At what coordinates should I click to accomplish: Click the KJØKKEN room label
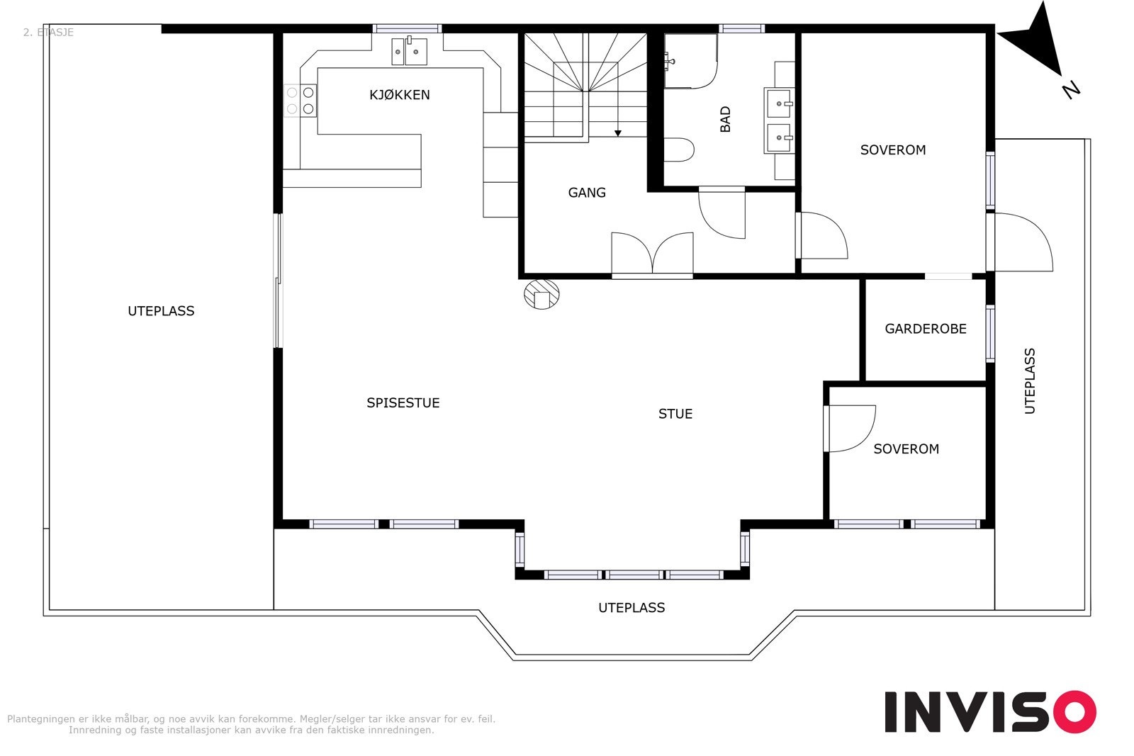[x=400, y=95]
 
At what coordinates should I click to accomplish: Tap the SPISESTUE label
[x=403, y=402]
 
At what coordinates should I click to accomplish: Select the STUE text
[x=675, y=414]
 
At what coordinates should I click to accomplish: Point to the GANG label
[x=587, y=192]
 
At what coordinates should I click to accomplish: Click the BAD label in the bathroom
[x=726, y=120]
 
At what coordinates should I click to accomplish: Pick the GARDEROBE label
[x=926, y=329]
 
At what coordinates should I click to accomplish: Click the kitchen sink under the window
[x=409, y=51]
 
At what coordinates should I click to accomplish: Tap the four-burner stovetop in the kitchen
[x=301, y=100]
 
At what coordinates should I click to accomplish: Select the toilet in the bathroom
[x=679, y=149]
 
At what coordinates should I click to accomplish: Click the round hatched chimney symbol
[x=541, y=294]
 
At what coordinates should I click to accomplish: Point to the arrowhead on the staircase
[x=617, y=133]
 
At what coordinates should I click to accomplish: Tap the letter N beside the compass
[x=1071, y=90]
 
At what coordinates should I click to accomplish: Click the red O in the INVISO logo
[x=1074, y=711]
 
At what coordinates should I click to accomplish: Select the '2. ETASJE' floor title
[x=49, y=33]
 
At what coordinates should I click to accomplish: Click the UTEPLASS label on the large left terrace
[x=161, y=311]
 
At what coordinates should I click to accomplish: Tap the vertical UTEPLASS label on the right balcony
[x=1030, y=381]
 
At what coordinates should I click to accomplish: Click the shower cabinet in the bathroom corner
[x=690, y=61]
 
